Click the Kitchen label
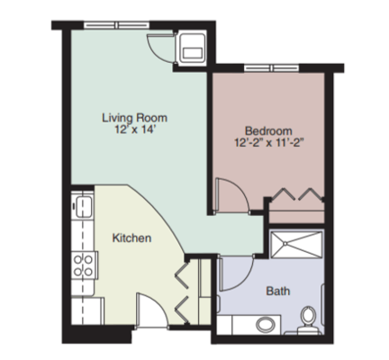(131, 238)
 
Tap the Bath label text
(277, 291)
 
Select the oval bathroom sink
(267, 324)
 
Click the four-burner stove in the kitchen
(84, 265)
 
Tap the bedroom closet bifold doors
(297, 195)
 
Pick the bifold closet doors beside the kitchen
(185, 288)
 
